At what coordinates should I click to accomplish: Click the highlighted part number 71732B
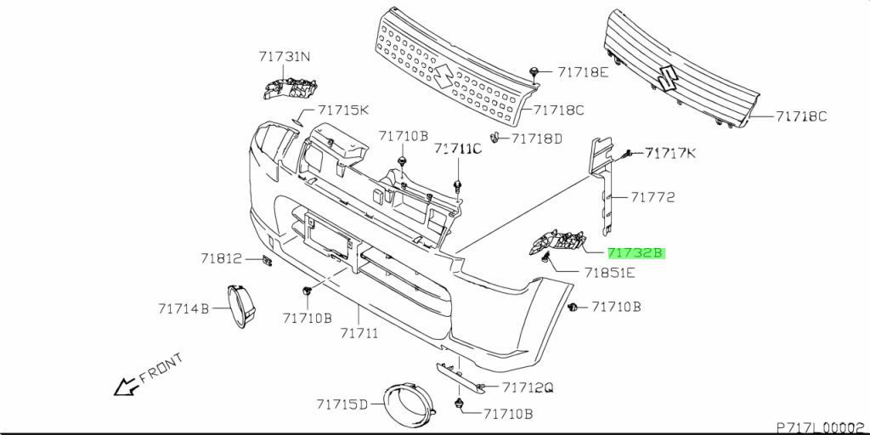coord(636,253)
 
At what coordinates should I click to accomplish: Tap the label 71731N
coord(285,56)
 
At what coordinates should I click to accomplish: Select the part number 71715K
coord(343,110)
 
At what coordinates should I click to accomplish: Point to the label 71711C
coord(458,149)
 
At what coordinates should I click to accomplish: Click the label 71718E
coord(583,71)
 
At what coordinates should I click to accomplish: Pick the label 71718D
coord(537,138)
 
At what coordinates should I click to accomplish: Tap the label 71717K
coord(669,153)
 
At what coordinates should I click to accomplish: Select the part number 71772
coord(652,197)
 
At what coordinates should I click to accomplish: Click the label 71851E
coord(610,273)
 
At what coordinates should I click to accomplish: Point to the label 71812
coord(222,258)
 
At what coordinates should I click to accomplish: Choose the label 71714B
coord(184,308)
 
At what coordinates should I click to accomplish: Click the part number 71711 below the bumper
coord(359,333)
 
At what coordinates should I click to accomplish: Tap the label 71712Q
coord(528,387)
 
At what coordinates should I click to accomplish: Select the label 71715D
coord(342,404)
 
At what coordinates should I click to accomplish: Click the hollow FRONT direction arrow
coord(126,387)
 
